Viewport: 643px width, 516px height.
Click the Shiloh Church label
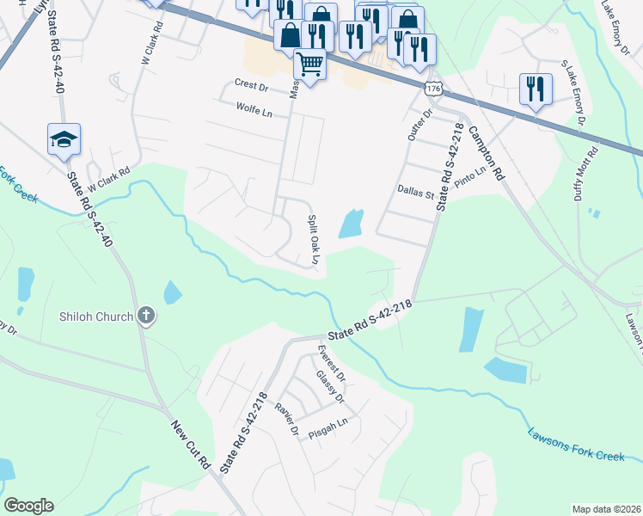click(x=96, y=316)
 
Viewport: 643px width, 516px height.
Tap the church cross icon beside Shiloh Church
click(x=146, y=316)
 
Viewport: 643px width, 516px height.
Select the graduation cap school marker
click(x=64, y=139)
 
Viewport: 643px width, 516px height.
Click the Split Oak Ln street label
click(x=314, y=240)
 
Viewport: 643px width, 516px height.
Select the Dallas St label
click(x=415, y=193)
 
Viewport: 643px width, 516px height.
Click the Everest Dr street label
click(x=330, y=365)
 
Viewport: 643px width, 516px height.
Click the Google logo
click(x=29, y=506)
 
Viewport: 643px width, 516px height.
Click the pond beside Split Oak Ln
click(x=351, y=224)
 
